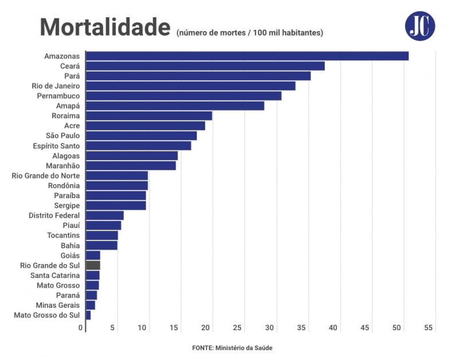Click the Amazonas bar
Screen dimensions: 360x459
tap(247, 56)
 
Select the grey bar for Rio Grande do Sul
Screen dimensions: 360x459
tap(93, 265)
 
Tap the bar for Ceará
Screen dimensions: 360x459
tap(205, 66)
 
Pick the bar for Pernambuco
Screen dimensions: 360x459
tap(184, 96)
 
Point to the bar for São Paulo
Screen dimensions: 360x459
tap(141, 136)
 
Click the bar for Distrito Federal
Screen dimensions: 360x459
tap(104, 215)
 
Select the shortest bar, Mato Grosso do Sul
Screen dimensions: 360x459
tap(88, 315)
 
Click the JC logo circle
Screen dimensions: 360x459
tap(420, 26)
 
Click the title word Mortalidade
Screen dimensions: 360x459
tap(105, 27)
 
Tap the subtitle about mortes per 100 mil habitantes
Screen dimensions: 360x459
tap(250, 33)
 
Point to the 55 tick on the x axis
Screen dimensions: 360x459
tap(428, 328)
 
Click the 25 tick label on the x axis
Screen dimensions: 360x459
tap(238, 328)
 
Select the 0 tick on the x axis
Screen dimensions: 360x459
tap(81, 328)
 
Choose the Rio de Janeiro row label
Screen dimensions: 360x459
tap(56, 86)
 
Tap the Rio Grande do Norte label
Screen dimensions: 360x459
tap(46, 176)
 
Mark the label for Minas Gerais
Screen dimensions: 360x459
tap(57, 305)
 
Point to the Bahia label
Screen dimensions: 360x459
tap(69, 245)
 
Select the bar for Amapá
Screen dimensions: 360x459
tap(175, 106)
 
